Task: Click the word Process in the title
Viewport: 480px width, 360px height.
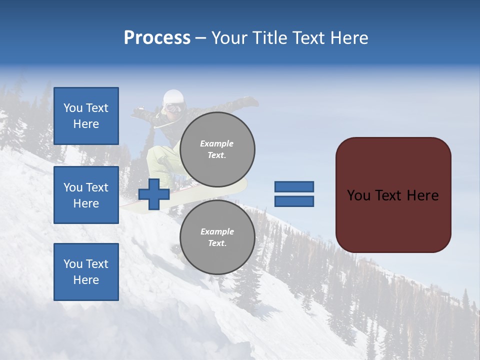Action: (157, 38)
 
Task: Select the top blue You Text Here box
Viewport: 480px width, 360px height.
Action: (86, 116)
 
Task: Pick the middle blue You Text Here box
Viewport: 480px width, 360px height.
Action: (86, 195)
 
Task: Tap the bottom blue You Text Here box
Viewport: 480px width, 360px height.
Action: (86, 272)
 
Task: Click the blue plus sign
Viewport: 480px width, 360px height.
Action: (154, 194)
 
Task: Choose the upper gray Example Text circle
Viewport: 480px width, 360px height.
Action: (217, 149)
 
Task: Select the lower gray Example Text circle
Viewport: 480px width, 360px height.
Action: (217, 237)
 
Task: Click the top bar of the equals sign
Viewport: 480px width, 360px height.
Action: (294, 187)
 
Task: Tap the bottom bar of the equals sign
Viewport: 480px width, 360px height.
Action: (294, 201)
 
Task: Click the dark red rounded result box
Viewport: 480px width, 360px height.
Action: (393, 195)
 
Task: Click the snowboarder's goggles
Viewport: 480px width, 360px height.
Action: (173, 107)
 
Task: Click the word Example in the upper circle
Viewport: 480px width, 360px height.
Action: (216, 144)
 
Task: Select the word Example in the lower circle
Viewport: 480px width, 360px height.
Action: (217, 232)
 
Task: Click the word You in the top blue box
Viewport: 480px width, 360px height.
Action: (72, 108)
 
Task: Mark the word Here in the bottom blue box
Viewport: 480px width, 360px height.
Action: (86, 280)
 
